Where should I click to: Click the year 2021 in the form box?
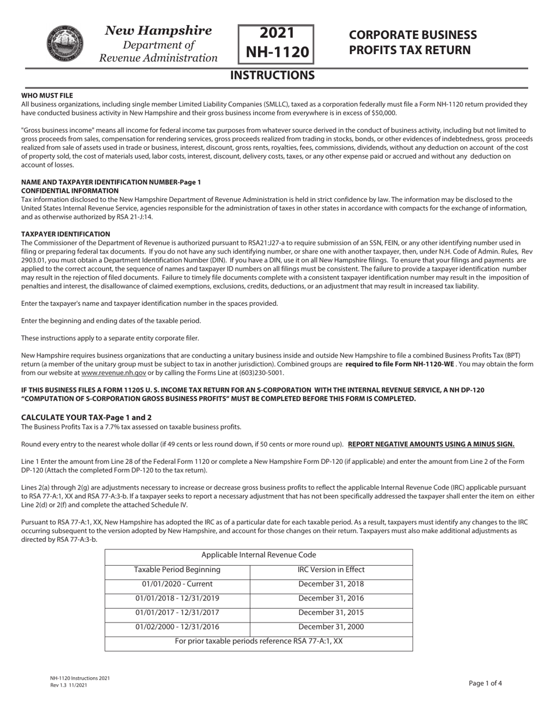pyautogui.click(x=277, y=34)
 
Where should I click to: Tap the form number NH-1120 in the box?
pyautogui.click(x=277, y=52)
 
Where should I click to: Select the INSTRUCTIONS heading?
pyautogui.click(x=273, y=75)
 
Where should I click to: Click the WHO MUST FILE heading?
pyautogui.click(x=47, y=95)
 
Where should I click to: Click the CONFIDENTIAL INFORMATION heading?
pyautogui.click(x=70, y=191)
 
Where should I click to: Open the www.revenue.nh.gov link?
pyautogui.click(x=113, y=373)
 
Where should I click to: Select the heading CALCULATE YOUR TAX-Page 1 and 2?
pyautogui.click(x=87, y=417)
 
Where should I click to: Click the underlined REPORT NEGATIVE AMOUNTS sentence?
pyautogui.click(x=431, y=444)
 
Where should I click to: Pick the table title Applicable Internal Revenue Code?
pyautogui.click(x=259, y=555)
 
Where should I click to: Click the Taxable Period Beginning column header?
pyautogui.click(x=177, y=570)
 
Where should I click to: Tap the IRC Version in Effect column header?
pyautogui.click(x=331, y=570)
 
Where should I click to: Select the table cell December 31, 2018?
pyautogui.click(x=331, y=584)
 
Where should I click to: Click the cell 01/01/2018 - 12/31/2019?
pyautogui.click(x=177, y=598)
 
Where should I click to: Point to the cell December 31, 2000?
pyautogui.click(x=331, y=627)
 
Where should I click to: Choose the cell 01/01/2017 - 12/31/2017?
pyautogui.click(x=177, y=613)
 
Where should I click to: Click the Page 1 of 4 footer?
pyautogui.click(x=485, y=684)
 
